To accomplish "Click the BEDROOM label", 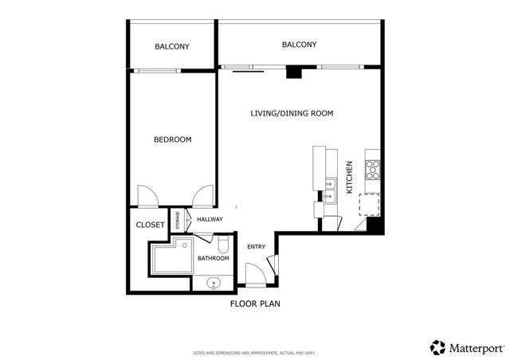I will (x=172, y=140).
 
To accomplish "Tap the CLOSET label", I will (x=150, y=225).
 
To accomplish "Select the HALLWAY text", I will (x=210, y=220).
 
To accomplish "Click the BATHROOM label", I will (x=214, y=258).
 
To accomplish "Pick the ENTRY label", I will (x=256, y=247).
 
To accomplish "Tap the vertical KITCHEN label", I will (x=349, y=173).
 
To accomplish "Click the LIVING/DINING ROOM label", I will (x=291, y=114).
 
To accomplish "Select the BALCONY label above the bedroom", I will (x=171, y=47).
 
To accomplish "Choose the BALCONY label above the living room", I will (x=300, y=45).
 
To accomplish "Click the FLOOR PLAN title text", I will (x=255, y=304).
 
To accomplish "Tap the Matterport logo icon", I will (x=437, y=347).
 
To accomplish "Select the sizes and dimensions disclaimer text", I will (x=254, y=353).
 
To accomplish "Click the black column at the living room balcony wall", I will (x=294, y=73).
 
